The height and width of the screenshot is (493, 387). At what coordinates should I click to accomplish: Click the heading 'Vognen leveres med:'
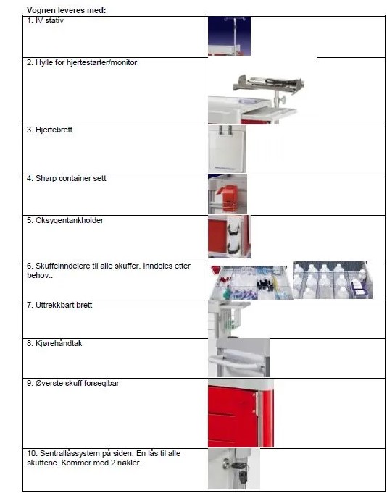pos(67,10)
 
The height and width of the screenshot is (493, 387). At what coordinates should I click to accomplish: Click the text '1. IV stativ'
pos(45,21)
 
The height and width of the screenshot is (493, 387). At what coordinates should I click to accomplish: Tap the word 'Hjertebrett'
pos(54,130)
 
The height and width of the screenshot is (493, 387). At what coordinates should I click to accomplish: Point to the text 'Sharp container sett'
pos(71,179)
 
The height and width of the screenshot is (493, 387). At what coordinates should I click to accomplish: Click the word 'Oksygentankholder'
pos(70,220)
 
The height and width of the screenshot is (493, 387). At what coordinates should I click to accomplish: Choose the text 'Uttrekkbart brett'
pos(64,305)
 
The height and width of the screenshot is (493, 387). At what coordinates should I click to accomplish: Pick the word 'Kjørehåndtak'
pos(59,343)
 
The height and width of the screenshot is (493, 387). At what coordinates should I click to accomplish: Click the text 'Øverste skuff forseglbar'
pos(78,383)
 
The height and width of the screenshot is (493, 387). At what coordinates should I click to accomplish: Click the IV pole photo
pos(229,36)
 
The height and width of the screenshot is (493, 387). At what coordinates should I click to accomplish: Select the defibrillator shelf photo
pos(256,98)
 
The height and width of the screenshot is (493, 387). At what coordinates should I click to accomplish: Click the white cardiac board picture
pos(227,148)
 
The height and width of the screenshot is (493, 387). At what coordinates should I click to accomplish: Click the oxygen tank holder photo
pos(229,237)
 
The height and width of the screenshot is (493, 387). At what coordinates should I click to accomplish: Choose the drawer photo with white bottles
pos(333,280)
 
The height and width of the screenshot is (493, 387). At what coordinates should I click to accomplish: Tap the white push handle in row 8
pos(236,361)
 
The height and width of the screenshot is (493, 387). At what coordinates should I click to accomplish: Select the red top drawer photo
pos(241,413)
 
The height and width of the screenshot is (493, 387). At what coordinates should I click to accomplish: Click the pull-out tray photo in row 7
pos(229,319)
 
